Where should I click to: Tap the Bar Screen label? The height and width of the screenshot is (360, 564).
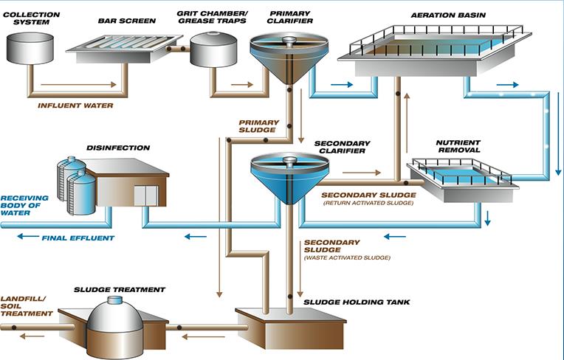pos(126,21)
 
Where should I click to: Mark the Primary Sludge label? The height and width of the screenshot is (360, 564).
pos(257,125)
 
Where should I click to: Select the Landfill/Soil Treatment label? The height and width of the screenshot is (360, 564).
pos(27,307)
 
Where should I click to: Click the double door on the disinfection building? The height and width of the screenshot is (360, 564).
pos(145,195)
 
